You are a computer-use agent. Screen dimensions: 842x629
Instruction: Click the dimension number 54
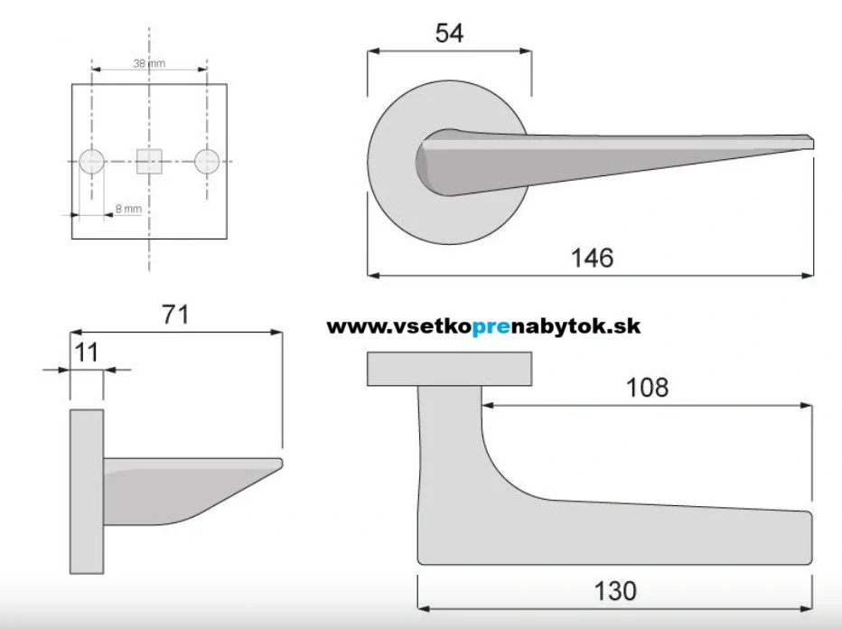pyautogui.click(x=449, y=33)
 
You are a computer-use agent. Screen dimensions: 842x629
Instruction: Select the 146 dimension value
pyautogui.click(x=592, y=258)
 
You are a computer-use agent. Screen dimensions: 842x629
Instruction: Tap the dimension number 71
pyautogui.click(x=175, y=314)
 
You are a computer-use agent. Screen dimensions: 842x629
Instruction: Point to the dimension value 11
pyautogui.click(x=86, y=352)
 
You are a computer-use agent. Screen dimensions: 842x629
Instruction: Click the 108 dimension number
pyautogui.click(x=647, y=388)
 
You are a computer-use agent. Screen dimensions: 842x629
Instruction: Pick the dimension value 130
pyautogui.click(x=615, y=591)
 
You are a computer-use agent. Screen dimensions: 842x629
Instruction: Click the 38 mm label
pyautogui.click(x=149, y=63)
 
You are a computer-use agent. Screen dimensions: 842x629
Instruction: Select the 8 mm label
pyautogui.click(x=128, y=209)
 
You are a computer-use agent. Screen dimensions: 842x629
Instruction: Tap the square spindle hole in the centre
pyautogui.click(x=149, y=161)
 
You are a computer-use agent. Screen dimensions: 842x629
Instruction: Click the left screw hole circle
pyautogui.click(x=92, y=161)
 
